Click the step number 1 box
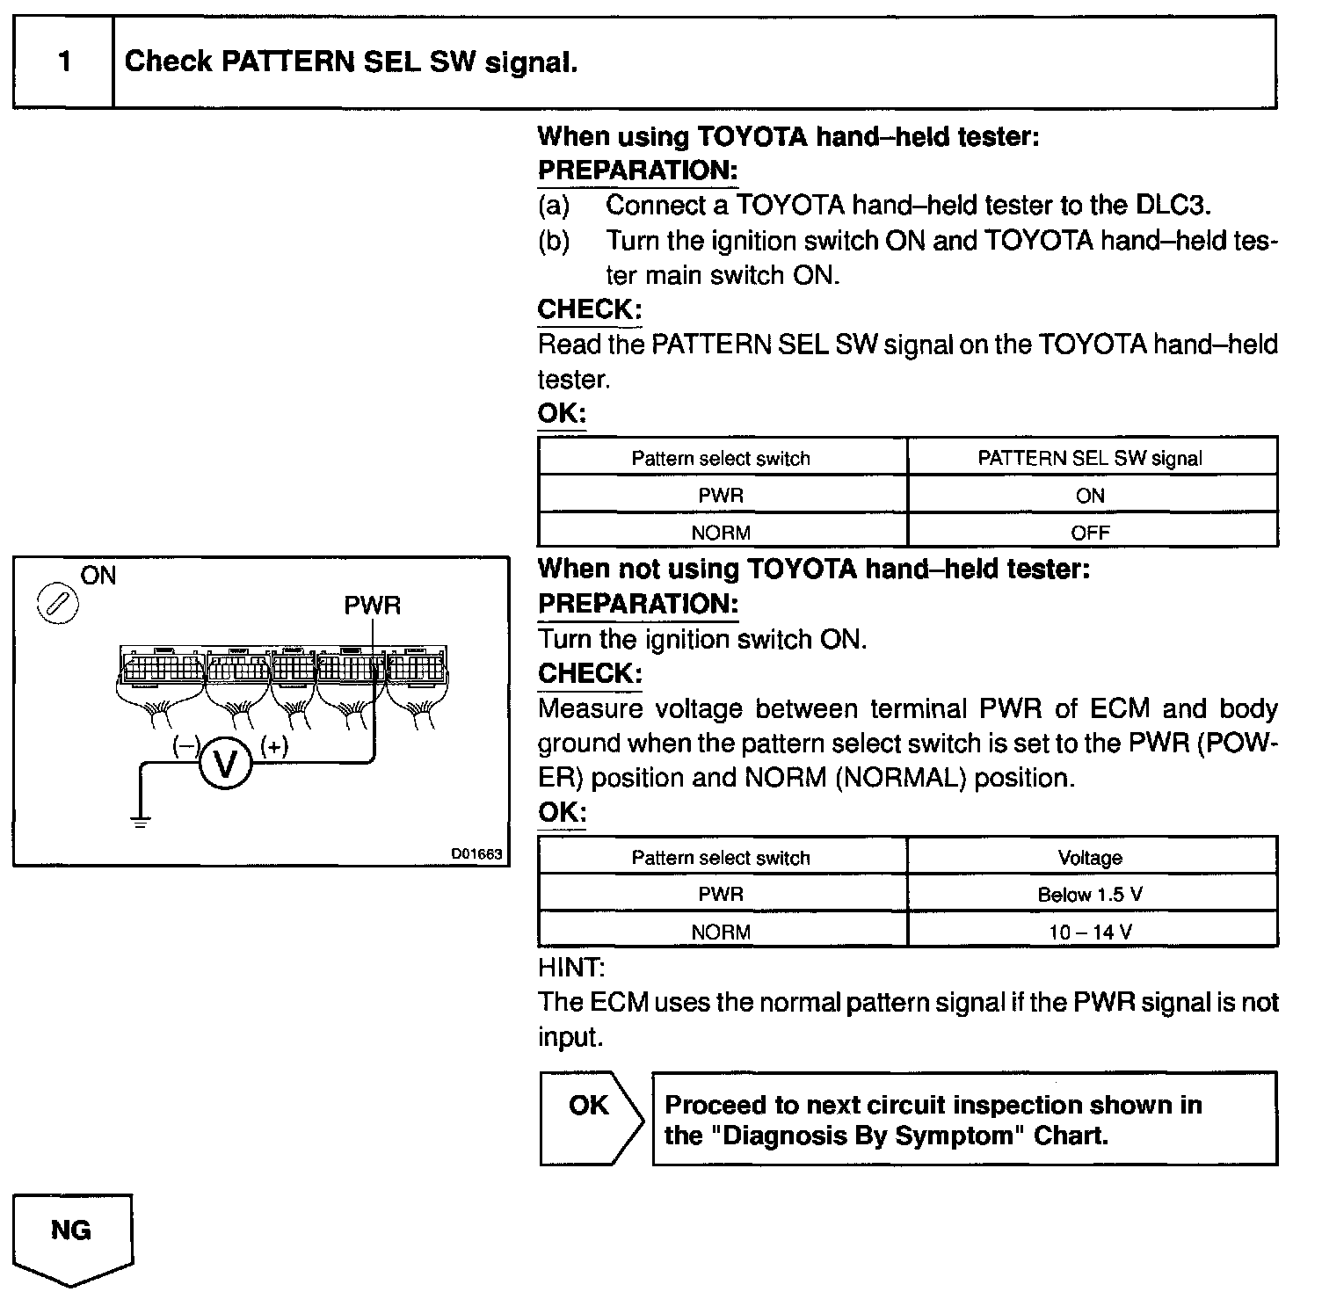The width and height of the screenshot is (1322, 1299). pos(63,62)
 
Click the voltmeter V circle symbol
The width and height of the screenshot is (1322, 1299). pos(226,764)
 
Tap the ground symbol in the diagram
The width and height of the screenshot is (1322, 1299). pos(140,822)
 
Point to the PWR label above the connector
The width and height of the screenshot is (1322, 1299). pos(372,606)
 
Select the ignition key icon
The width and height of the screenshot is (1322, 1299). pos(56,606)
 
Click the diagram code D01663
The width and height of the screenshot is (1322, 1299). pos(476,853)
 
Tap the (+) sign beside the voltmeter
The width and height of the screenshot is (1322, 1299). pos(274,746)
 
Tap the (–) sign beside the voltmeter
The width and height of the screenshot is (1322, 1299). pos(185,746)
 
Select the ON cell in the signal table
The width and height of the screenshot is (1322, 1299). pos(1090,496)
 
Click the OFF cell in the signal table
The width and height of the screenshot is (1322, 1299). pos(1090,533)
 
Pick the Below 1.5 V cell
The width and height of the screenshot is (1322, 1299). pos(1090,895)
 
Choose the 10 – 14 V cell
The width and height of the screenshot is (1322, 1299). pos(1090,932)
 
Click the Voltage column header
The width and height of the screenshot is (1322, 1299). pos(1090,858)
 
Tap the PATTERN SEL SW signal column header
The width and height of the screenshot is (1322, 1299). pos(1090,458)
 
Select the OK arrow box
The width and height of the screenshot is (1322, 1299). pos(590,1116)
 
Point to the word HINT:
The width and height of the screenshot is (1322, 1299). pos(570,968)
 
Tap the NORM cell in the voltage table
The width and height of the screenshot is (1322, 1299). pos(721,932)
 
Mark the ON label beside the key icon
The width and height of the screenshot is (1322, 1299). pos(98,576)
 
